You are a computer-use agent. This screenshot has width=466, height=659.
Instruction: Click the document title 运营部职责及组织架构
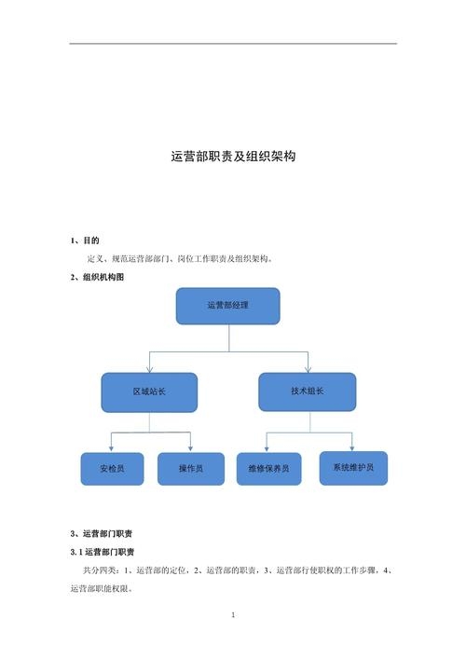pos(233,158)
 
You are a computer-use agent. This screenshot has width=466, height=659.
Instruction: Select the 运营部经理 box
pos(227,306)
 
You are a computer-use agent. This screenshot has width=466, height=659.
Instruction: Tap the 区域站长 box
pos(149,392)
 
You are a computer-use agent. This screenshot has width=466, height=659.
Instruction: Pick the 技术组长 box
pos(307,391)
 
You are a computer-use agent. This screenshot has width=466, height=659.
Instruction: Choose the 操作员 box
pos(191,469)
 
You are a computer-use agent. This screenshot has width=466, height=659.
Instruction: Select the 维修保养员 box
pos(268,469)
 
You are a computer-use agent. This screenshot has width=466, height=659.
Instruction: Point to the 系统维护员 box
pos(353,467)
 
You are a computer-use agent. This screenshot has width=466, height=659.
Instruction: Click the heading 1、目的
pos(85,240)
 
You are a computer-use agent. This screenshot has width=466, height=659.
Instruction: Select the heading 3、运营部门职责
pos(101,533)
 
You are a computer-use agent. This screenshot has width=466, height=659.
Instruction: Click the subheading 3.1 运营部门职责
pos(103,551)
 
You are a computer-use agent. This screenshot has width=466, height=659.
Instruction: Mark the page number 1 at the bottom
pos(233,615)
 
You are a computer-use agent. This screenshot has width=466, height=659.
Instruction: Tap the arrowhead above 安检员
pos(111,449)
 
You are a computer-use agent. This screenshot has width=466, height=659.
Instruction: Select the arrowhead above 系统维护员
pos(351,448)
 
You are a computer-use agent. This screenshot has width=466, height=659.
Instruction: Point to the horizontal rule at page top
pos(233,44)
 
